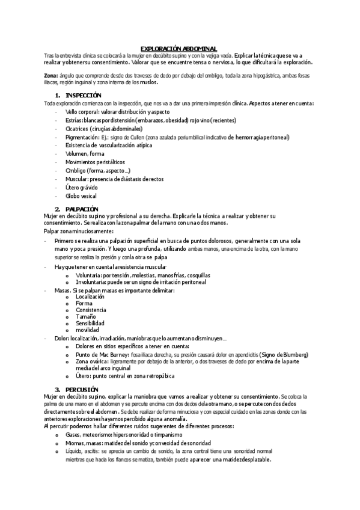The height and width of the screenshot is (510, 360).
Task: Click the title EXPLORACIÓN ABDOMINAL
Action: [180, 48]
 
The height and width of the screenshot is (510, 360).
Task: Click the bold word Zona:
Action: [51, 76]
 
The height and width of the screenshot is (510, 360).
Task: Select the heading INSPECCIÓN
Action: [84, 96]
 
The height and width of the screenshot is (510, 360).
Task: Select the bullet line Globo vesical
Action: [81, 195]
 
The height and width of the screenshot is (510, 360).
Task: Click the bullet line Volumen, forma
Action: [85, 153]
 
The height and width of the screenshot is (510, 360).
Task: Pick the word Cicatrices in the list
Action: [77, 129]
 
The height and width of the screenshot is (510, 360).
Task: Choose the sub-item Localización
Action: [90, 297]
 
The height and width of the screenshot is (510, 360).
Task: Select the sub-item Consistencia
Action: [90, 310]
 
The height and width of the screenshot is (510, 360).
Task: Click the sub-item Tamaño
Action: [86, 316]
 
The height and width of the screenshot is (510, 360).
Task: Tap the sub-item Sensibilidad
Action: [90, 323]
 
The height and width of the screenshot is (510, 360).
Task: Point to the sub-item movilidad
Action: [87, 330]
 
